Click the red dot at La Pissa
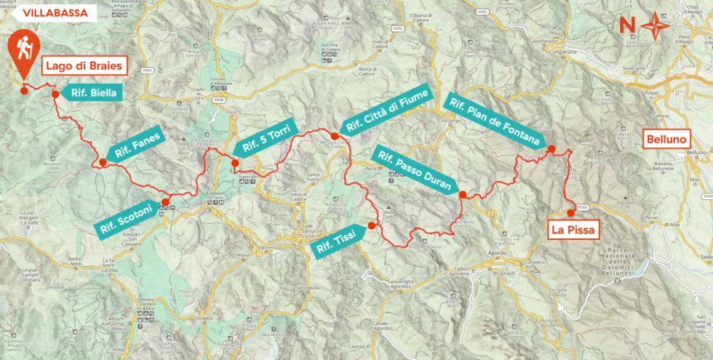(570, 213)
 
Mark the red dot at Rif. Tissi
(371, 225)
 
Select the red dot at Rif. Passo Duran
(462, 194)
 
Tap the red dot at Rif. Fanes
(103, 162)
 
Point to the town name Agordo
(496, 253)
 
